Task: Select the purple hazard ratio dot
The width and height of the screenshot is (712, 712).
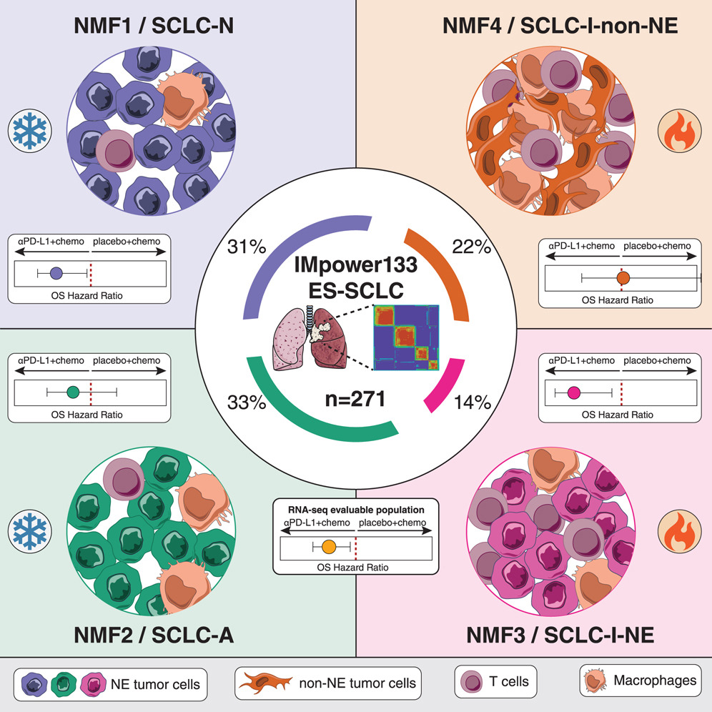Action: point(58,272)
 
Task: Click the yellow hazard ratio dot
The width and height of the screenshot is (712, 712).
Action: point(329,547)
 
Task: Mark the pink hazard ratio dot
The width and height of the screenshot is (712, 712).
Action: point(573,392)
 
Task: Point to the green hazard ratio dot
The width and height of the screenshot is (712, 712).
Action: point(72,392)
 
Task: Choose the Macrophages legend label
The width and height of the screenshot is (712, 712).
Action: point(654,680)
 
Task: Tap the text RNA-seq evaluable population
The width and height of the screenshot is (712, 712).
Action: point(356,510)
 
